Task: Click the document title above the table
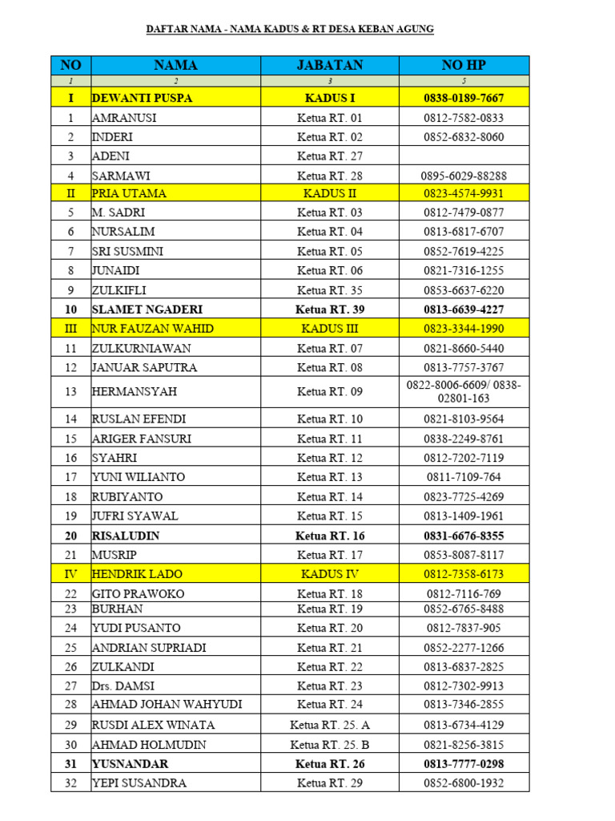[290, 29]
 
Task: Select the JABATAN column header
[329, 65]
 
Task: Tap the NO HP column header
[464, 65]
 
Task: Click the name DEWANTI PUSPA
[143, 98]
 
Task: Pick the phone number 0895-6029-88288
[464, 176]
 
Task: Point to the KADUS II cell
[329, 193]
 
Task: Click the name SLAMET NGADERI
[148, 309]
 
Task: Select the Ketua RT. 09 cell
[329, 391]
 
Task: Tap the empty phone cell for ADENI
[464, 156]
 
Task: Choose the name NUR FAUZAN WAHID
[153, 329]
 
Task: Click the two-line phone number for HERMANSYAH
[464, 391]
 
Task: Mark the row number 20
[71, 536]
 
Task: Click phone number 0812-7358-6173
[464, 574]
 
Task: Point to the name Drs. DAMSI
[124, 686]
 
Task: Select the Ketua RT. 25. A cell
[329, 725]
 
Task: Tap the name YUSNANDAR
[131, 764]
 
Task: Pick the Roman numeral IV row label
[71, 574]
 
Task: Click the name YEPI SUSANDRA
[139, 783]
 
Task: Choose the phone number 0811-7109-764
[464, 477]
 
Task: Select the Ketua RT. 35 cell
[329, 290]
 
